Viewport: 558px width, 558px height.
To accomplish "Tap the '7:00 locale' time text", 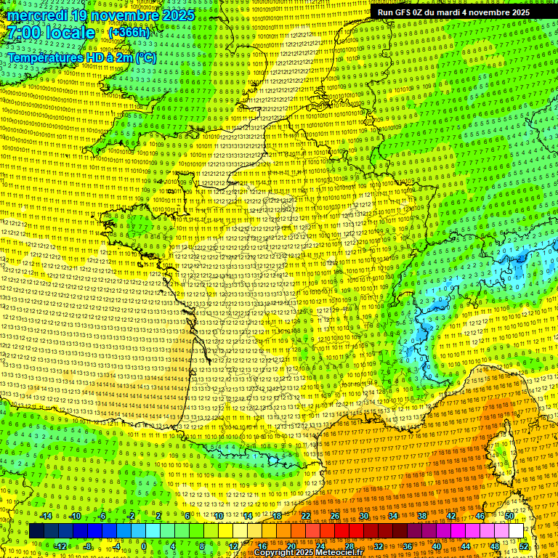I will click(x=52, y=33).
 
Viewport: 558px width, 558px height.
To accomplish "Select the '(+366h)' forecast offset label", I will click(x=129, y=33).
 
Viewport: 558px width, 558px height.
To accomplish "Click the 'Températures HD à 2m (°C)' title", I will click(x=82, y=57).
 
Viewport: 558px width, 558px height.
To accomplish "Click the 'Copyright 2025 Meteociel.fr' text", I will click(x=308, y=553).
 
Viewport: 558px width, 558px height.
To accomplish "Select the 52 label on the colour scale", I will click(x=524, y=546).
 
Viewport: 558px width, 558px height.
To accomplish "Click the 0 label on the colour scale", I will click(x=144, y=546).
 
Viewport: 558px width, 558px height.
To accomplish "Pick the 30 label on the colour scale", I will click(x=363, y=516).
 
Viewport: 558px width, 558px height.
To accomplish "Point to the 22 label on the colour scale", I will click(x=306, y=516).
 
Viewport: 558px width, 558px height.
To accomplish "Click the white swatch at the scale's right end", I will click(x=517, y=531).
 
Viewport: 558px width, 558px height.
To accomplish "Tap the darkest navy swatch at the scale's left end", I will click(x=37, y=531).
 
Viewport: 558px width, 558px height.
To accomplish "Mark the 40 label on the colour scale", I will click(x=436, y=546).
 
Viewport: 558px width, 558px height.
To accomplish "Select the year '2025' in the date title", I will click(x=177, y=15).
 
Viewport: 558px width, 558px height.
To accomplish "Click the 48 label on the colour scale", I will click(x=494, y=546).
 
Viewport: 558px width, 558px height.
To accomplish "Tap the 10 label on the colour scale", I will click(x=219, y=516).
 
